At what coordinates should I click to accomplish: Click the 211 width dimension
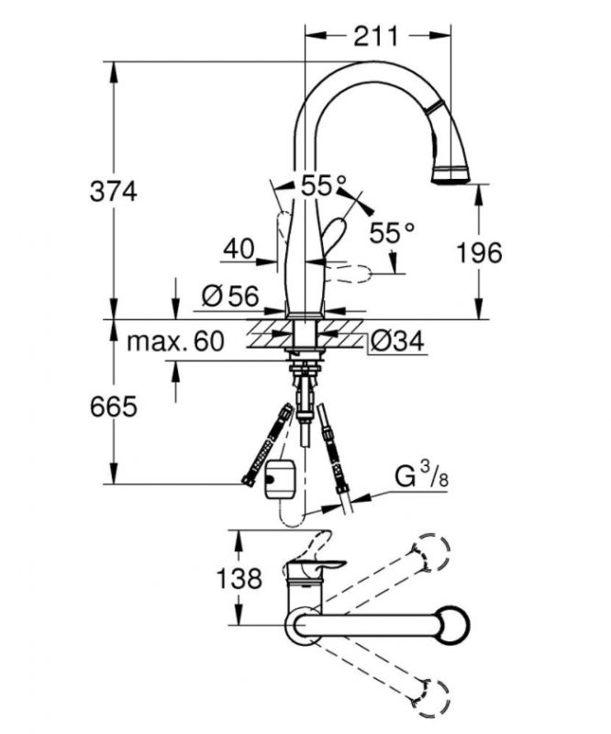coord(376,37)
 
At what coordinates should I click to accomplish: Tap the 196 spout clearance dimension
coord(480,252)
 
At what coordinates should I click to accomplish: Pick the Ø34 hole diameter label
coord(398,342)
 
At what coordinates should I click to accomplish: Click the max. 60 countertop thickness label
coord(174,342)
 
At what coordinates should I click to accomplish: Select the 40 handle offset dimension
coord(239,248)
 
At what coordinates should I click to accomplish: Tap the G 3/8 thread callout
coord(422,478)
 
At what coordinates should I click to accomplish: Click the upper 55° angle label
coord(324,185)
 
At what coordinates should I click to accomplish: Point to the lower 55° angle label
coord(393,233)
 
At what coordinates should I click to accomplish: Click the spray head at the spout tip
coord(451,172)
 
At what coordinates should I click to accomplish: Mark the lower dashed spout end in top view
coord(432,695)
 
